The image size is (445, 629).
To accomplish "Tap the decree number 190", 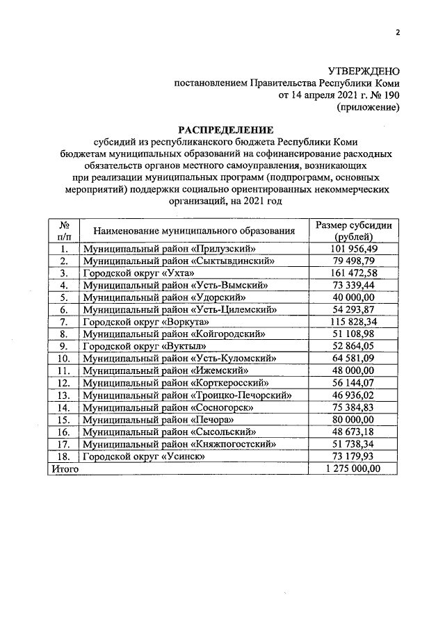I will click(x=390, y=95).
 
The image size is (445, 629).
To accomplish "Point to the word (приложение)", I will click(x=368, y=108).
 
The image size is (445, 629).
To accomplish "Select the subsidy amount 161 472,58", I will click(x=353, y=272).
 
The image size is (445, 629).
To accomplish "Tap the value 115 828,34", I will click(x=353, y=322).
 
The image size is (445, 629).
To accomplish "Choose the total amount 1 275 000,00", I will click(x=353, y=469).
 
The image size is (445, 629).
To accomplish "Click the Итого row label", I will click(x=63, y=469).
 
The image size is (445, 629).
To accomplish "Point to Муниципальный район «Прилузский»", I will click(x=163, y=248).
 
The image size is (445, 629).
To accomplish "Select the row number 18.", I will click(x=63, y=457).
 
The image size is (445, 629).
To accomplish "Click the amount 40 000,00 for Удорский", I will click(x=353, y=297).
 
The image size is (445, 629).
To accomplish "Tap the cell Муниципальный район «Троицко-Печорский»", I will click(x=186, y=395).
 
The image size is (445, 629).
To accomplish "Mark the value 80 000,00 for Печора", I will click(x=353, y=420).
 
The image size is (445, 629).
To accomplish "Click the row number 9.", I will click(x=63, y=346).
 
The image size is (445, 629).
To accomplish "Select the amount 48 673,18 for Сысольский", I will click(x=353, y=432).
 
